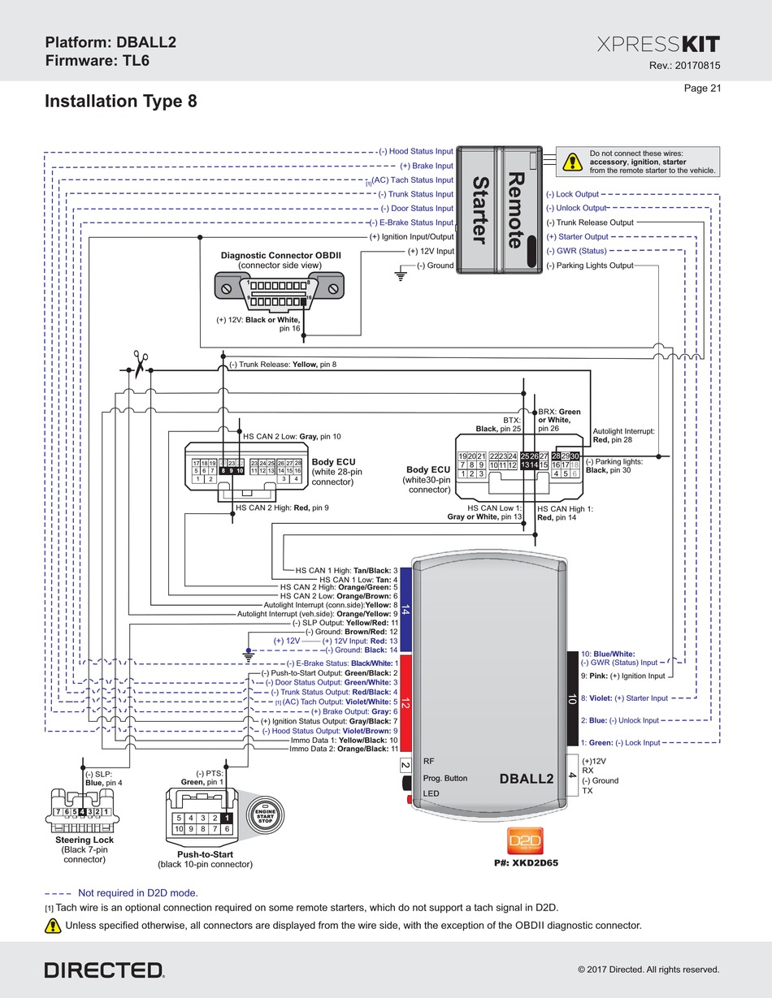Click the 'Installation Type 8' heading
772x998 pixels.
120,102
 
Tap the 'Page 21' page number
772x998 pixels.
703,89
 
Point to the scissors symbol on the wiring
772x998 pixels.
140,361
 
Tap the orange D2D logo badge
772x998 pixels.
524,840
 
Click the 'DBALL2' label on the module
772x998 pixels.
526,778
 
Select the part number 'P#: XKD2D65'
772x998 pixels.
526,862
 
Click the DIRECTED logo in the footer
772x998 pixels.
104,970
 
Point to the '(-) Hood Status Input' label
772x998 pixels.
415,151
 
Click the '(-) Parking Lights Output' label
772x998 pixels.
589,266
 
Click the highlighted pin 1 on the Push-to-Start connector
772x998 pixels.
228,818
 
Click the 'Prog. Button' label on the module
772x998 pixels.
445,778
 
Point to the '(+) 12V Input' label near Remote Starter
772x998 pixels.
431,252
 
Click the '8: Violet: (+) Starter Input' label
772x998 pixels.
624,698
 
